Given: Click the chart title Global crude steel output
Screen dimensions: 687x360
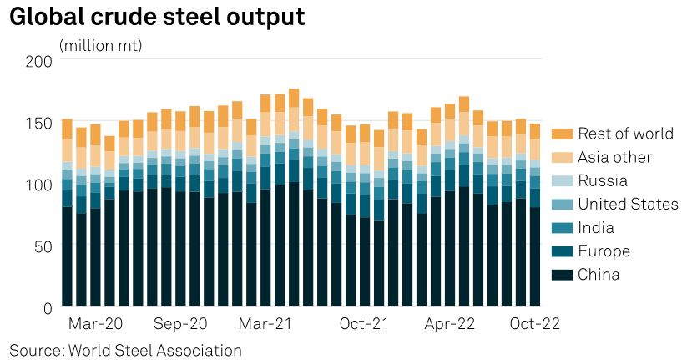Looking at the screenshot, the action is [157, 17].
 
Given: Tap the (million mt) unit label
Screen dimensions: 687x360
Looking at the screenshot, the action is [100, 46].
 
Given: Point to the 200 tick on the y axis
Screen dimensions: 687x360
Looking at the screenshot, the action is [38, 61].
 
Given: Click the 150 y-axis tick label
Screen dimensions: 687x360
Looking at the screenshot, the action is [38, 124].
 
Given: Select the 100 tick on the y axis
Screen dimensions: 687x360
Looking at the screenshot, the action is [38, 185].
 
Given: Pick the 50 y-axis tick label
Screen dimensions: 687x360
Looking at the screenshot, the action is [43, 246].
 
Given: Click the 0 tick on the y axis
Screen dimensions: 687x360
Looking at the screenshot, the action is [48, 308].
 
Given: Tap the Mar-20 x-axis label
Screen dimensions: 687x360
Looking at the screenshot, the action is [95, 324].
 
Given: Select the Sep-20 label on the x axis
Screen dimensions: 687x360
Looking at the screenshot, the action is [180, 324].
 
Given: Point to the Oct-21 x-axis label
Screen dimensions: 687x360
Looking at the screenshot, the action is [364, 324].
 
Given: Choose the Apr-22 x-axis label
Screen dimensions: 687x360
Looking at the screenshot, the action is [450, 324].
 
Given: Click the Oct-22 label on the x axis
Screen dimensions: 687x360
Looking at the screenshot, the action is [534, 324].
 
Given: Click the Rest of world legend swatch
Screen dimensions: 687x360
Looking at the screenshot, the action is [562, 134].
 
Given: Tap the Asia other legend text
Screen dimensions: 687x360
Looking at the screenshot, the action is [614, 157].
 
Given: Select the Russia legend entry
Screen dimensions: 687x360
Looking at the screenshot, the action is [589, 180].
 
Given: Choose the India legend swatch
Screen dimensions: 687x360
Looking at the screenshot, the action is [562, 228].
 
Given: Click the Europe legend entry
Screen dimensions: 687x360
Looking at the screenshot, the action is [591, 251].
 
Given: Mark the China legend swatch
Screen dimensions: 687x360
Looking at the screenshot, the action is [562, 275].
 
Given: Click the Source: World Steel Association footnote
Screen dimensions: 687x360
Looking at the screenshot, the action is [126, 351].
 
